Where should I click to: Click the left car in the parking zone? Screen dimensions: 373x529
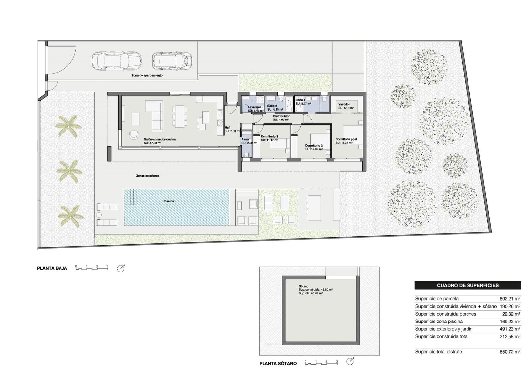[116, 61]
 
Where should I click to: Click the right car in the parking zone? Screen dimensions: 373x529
[172, 61]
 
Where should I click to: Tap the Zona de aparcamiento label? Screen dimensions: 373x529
[147, 75]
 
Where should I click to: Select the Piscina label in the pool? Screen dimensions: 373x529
[168, 201]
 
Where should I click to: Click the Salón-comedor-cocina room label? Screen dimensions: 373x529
[160, 139]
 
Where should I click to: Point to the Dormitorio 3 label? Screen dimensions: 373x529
[269, 136]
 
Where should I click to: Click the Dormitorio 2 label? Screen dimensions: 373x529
[314, 145]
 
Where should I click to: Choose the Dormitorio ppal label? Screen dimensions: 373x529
[346, 139]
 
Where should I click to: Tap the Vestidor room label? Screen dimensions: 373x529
[344, 104]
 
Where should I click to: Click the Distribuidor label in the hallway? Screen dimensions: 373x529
[281, 116]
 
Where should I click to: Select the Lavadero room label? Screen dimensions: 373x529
[254, 107]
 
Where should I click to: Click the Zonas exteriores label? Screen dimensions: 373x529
[147, 176]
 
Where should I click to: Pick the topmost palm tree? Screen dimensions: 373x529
[68, 126]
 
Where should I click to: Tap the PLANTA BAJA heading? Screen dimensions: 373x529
[52, 268]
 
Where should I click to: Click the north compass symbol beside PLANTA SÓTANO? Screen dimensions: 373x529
[350, 362]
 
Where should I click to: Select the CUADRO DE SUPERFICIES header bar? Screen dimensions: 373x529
[468, 285]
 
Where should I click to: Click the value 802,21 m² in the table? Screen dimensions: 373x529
[510, 299]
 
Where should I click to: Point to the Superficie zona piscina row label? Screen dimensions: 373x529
[439, 321]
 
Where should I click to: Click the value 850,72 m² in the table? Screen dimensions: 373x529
[510, 352]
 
